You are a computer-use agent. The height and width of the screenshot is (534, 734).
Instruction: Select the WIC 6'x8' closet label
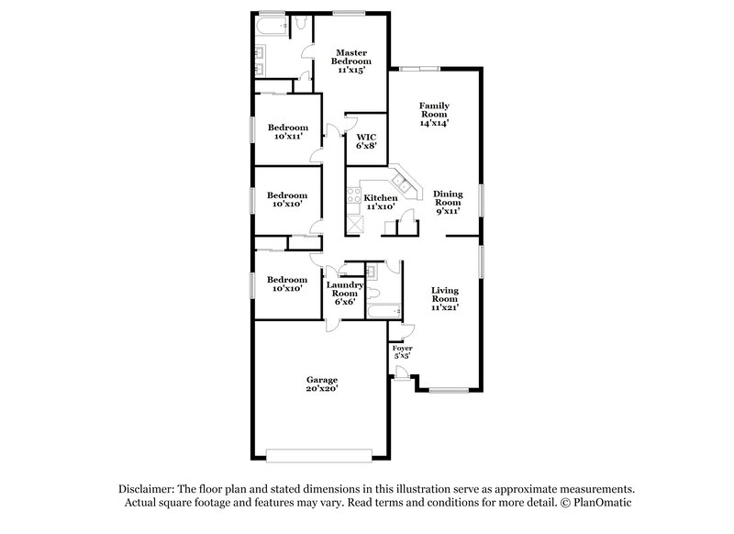(x=367, y=139)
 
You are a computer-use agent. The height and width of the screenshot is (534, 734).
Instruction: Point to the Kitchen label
(x=381, y=198)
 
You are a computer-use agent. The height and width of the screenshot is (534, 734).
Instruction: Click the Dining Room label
(x=448, y=198)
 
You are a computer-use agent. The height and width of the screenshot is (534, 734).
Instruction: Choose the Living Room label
(x=445, y=295)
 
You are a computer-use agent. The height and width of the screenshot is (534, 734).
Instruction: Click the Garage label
(x=322, y=380)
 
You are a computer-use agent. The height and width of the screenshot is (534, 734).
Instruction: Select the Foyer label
(x=402, y=350)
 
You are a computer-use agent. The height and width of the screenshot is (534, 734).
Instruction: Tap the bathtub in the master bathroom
(x=271, y=26)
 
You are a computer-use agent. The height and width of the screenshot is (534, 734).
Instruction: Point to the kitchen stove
(x=353, y=195)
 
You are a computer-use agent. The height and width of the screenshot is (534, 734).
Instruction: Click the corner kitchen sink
(x=401, y=181)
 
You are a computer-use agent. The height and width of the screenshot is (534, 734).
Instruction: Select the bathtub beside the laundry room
(x=379, y=313)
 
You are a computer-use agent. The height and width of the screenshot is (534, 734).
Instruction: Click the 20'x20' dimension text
(x=322, y=389)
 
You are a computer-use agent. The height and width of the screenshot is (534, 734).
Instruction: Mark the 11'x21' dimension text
(x=445, y=308)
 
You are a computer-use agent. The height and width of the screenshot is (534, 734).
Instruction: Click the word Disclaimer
(x=147, y=489)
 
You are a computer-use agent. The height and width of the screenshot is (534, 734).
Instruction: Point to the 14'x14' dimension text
(x=434, y=123)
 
